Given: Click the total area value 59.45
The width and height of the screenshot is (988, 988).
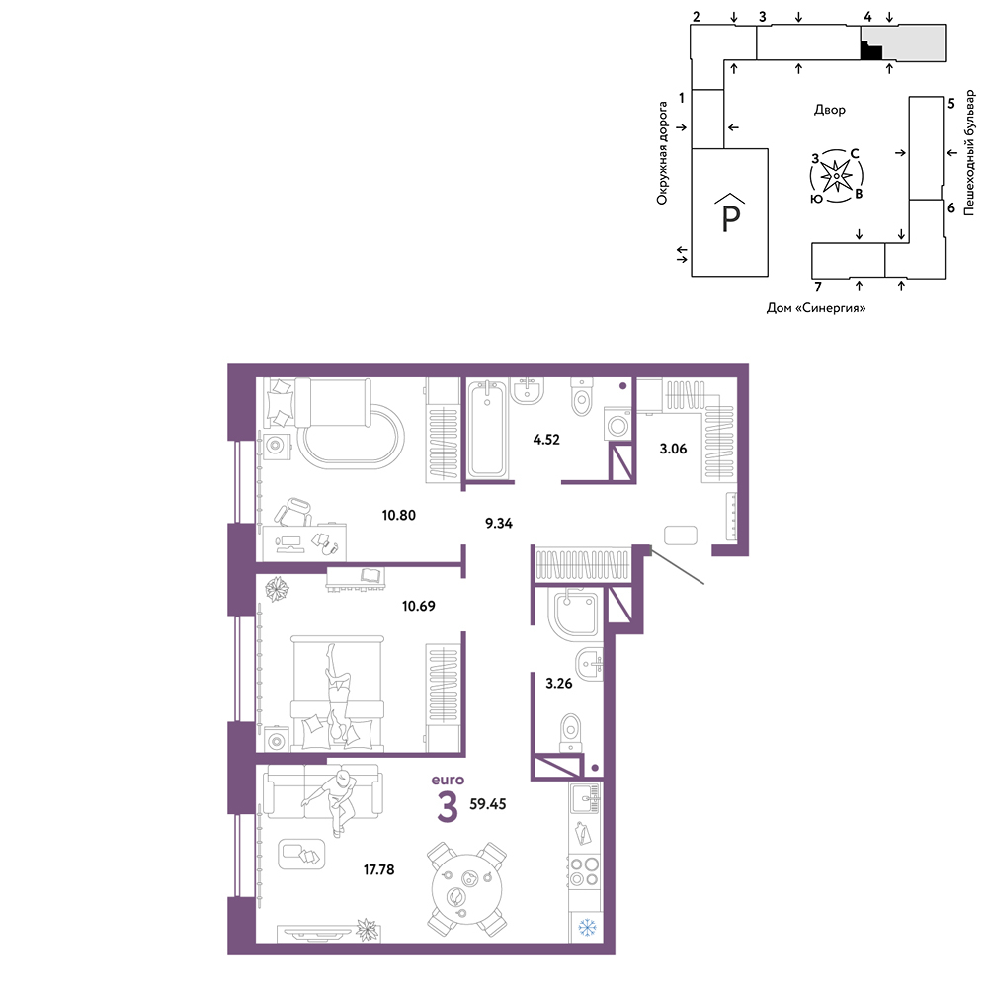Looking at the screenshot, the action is [x=488, y=804].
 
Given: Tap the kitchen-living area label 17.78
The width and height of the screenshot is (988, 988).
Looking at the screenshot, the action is [x=378, y=869].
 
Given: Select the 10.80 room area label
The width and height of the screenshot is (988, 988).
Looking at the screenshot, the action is [x=399, y=515].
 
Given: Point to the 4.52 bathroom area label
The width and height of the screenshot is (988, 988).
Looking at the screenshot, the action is [x=546, y=440].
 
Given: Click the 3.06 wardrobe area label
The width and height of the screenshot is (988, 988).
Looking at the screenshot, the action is [x=673, y=449].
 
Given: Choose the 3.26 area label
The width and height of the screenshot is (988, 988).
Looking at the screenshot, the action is [x=559, y=683].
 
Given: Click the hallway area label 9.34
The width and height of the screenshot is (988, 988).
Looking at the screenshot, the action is [x=498, y=523].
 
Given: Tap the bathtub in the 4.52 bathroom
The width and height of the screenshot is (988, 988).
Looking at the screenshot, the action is [x=487, y=428].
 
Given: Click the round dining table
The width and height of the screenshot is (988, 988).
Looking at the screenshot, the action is [x=467, y=889].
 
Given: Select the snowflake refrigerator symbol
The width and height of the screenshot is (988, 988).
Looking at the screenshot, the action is [x=587, y=927].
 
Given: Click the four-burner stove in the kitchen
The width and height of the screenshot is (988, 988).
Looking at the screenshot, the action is [x=584, y=870].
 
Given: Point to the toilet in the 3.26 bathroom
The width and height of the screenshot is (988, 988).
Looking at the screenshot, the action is [x=571, y=733].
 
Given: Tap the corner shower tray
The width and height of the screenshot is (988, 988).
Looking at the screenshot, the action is [x=575, y=614].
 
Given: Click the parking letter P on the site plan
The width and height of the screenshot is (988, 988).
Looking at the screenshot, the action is [x=731, y=218].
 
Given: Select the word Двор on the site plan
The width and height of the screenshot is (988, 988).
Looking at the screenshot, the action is [x=829, y=110].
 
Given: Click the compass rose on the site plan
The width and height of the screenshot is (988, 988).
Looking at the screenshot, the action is [x=836, y=177].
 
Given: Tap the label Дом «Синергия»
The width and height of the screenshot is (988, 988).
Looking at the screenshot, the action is [x=815, y=308].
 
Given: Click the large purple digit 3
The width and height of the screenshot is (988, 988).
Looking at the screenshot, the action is [x=447, y=808].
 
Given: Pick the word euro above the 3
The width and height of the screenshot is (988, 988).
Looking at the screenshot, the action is [x=448, y=781].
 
